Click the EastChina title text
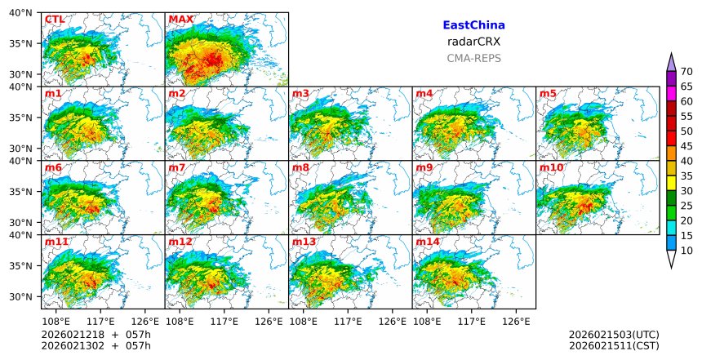[x=473, y=25]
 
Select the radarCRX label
[x=473, y=42]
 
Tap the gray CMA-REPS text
[x=473, y=58]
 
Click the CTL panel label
[x=55, y=19]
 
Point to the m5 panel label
[x=548, y=94]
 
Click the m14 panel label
[x=428, y=242]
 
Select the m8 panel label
[x=300, y=168]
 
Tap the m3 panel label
[x=300, y=94]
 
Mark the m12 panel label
[x=180, y=242]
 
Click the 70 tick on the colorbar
[x=686, y=71]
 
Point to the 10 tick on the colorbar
[x=686, y=251]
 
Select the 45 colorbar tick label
[x=686, y=146]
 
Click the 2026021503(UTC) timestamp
[x=614, y=335]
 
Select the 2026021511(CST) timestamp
[x=614, y=346]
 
